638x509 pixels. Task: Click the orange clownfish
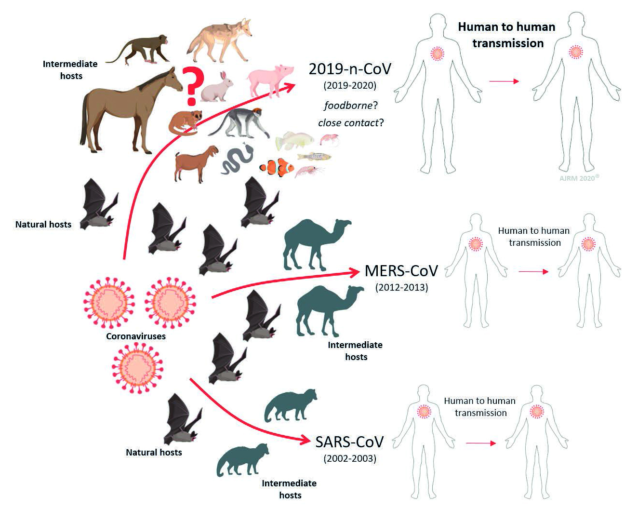[x=277, y=167]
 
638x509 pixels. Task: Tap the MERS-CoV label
[x=401, y=271]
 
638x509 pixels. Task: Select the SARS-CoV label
[x=349, y=442]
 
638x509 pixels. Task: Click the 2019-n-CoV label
[x=350, y=69]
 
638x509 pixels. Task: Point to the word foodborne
[x=348, y=105]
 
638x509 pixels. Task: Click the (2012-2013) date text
[x=401, y=287]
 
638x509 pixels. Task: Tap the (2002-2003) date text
[x=350, y=458]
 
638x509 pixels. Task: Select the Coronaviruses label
[x=136, y=336]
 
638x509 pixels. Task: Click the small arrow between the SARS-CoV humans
[x=481, y=443]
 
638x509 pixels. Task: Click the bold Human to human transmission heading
[x=507, y=35]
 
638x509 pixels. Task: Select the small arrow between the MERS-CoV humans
[x=533, y=272]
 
